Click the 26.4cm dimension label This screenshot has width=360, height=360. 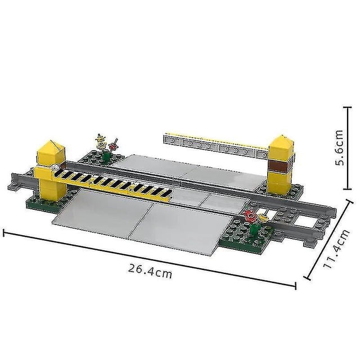coord(150,271)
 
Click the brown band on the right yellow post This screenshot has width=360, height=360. coord(281,166)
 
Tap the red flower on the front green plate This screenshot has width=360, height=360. coord(250,215)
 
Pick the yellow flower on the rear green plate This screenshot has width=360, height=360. coord(101,142)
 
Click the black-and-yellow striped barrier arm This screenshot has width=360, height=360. coord(112,183)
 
